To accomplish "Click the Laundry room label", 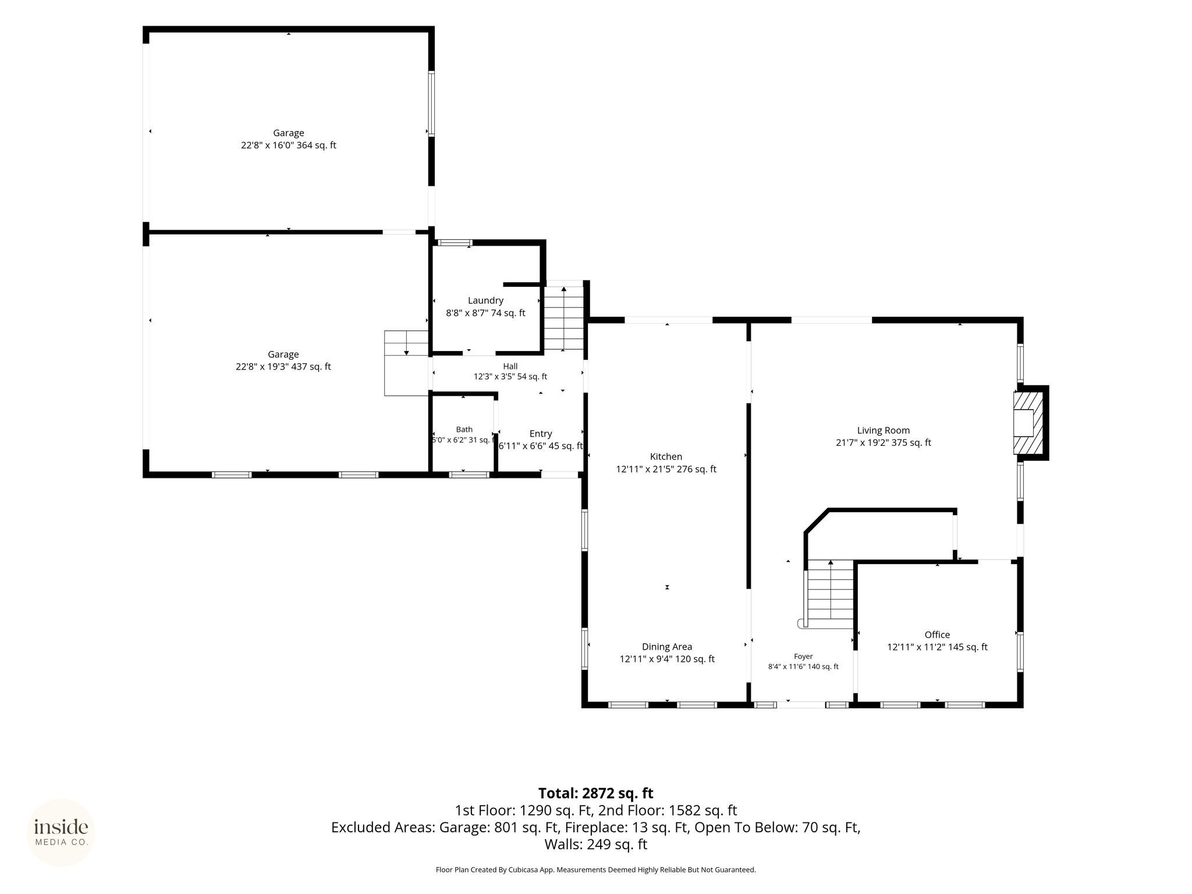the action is coord(485,300).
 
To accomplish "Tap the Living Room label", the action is coord(883,430).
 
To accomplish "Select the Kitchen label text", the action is coord(666,456).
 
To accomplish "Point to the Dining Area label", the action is coord(667,647).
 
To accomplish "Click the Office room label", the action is coord(937,634).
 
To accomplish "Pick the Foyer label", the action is coord(803,656).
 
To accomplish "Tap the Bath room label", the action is coord(464,430).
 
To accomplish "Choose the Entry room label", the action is coord(541,434).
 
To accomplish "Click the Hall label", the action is coord(510,366).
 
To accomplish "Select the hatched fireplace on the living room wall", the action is coord(1027,423).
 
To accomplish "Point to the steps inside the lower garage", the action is coord(406,363).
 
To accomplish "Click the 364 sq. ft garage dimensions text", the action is coord(289,146).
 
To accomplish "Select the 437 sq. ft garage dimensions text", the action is coord(283,367).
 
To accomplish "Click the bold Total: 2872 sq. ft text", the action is coord(595,793).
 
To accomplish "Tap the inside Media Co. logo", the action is coord(61,832).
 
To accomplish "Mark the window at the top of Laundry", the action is coord(455,243).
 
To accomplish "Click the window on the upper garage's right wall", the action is coord(431,104).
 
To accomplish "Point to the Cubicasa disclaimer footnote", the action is coord(595,870).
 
